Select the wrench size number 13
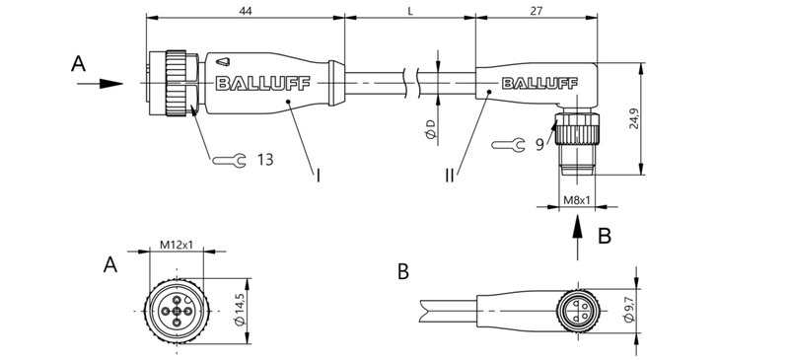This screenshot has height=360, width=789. click(x=265, y=159)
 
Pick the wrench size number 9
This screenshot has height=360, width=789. click(x=540, y=144)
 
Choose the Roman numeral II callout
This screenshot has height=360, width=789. click(x=450, y=175)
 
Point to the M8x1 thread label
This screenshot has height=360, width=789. click(x=577, y=201)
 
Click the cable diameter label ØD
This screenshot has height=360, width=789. click(x=429, y=129)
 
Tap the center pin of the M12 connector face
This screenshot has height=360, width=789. click(x=176, y=313)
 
